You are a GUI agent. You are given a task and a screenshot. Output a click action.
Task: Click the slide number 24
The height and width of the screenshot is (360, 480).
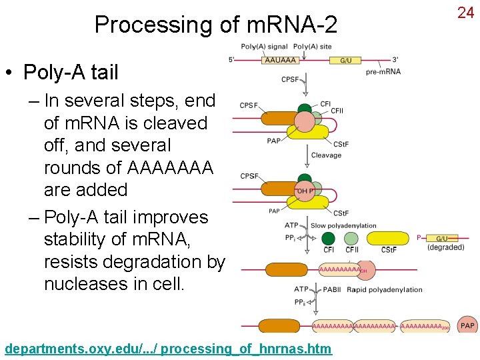tap(465, 12)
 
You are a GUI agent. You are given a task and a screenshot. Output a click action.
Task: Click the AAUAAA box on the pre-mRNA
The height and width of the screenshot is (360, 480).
tap(280, 60)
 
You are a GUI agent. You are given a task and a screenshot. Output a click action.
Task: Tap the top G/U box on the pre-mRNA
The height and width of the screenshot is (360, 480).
tap(346, 60)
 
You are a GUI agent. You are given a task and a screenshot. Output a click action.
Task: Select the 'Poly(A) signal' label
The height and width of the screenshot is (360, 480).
tap(265, 47)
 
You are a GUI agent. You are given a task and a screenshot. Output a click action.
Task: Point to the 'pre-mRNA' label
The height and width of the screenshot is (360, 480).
tap(383, 71)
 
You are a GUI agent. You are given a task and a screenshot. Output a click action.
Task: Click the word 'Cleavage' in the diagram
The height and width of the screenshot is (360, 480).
tap(326, 155)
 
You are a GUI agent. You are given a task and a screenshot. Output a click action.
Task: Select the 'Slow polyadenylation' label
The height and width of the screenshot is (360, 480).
tap(343, 225)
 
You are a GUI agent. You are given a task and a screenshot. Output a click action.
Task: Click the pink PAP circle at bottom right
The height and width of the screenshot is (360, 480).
tap(467, 325)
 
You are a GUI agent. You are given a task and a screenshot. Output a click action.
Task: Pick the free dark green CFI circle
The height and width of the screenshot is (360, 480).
tap(328, 238)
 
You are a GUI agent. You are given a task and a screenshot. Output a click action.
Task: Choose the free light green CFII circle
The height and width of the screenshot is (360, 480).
tap(351, 238)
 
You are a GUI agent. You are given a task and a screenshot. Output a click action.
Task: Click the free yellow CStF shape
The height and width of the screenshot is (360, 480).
tap(389, 239)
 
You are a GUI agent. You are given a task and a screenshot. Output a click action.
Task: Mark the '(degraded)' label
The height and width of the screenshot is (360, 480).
tap(446, 247)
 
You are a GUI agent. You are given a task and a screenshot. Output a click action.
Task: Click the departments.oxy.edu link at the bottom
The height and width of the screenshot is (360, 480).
tap(168, 349)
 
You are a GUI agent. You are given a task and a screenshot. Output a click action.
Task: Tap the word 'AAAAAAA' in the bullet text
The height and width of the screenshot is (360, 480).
tap(170, 167)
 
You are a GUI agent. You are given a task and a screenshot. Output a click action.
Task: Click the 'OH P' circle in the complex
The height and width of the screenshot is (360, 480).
tap(305, 191)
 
